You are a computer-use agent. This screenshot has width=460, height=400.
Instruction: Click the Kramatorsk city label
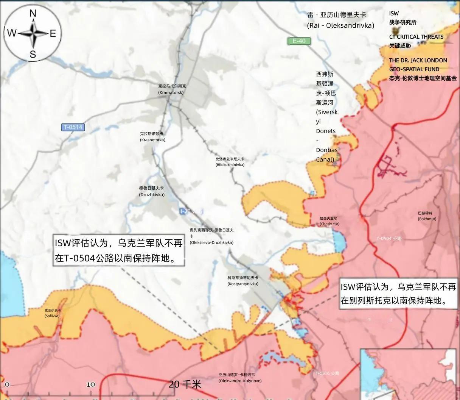(172, 89)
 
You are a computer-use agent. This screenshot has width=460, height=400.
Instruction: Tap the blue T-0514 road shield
(73, 127)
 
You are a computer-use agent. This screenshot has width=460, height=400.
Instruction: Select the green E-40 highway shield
(298, 41)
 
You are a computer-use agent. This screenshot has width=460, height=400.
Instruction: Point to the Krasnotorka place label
(152, 137)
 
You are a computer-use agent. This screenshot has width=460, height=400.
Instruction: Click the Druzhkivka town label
(151, 191)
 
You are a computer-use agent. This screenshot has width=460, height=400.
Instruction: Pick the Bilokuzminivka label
(230, 162)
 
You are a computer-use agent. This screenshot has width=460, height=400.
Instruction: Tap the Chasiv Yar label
(329, 221)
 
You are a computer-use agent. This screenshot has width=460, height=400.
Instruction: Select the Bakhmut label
(427, 216)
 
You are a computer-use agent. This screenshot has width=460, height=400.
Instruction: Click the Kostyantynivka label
(243, 281)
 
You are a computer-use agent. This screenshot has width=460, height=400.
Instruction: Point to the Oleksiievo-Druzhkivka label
(211, 236)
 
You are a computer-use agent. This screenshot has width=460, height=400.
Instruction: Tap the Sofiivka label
(52, 313)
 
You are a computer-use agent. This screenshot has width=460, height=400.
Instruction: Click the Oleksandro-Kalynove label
(239, 378)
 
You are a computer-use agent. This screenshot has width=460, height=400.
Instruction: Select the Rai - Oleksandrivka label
(340, 20)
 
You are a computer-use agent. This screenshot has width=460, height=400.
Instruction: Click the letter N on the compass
(33, 14)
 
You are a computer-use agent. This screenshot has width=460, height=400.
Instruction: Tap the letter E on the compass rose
(53, 34)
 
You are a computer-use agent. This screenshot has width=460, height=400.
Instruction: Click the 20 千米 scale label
(185, 384)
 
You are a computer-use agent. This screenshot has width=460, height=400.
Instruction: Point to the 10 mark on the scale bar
(91, 384)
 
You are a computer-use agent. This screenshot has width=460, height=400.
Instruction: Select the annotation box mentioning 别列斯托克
(398, 294)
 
